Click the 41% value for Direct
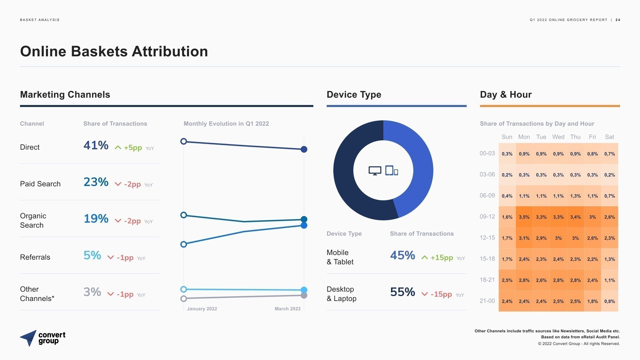[96, 145]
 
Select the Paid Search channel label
[40, 184]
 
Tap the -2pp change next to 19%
[132, 221]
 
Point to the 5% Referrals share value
[92, 255]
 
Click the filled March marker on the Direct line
[304, 149]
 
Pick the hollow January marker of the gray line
[183, 299]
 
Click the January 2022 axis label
[202, 309]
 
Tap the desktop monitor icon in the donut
[375, 171]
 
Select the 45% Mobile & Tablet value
[403, 255]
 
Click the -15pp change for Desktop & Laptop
[441, 294]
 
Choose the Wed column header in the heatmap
[558, 137]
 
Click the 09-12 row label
[487, 217]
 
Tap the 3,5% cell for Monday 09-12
[524, 217]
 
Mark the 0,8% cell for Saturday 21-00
[609, 301]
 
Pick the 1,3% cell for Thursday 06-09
[575, 196]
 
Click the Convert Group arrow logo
[29, 338]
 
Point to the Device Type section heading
[354, 95]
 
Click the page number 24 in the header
[618, 20]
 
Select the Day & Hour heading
[506, 95]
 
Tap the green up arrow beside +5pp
[118, 148]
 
